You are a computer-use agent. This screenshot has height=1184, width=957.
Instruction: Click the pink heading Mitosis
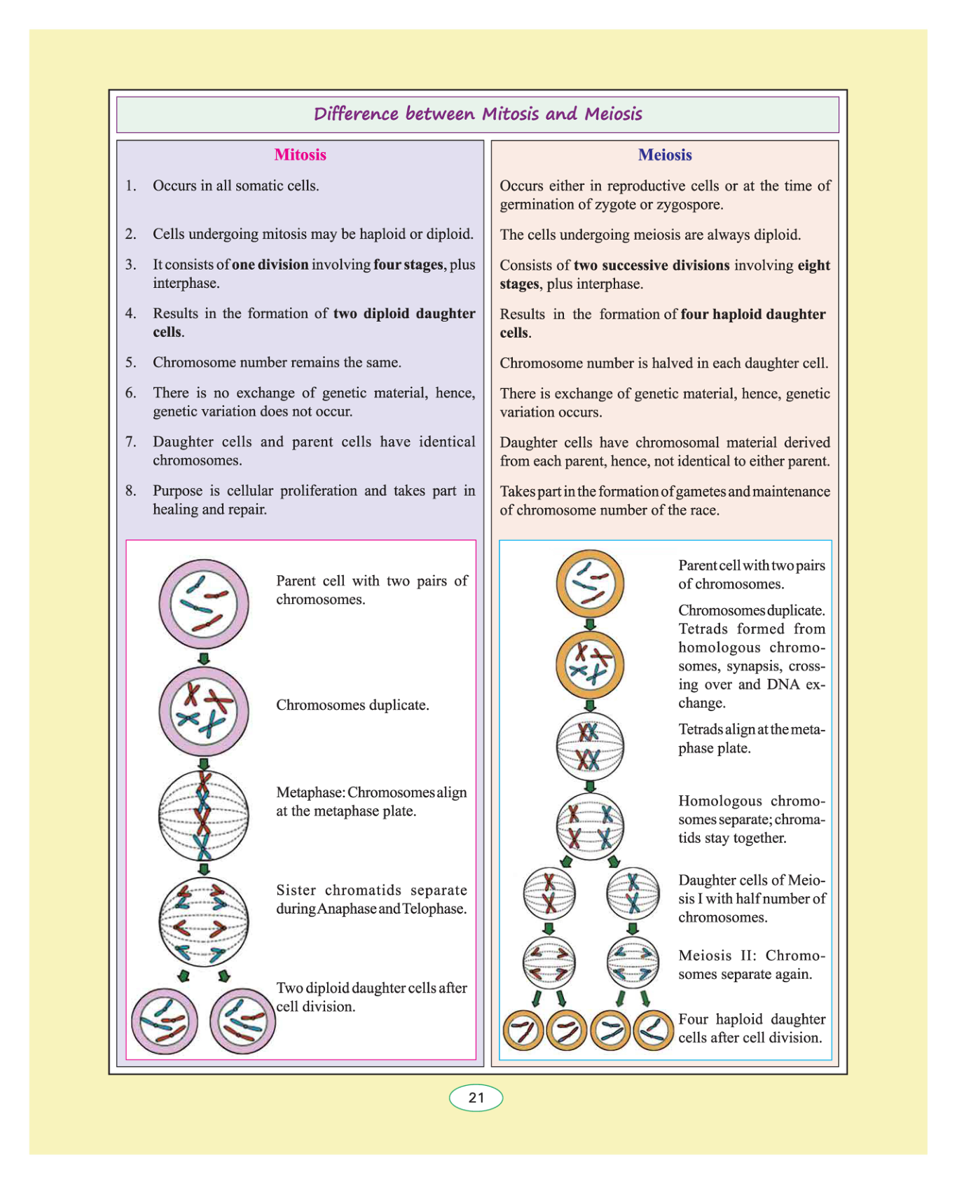(300, 155)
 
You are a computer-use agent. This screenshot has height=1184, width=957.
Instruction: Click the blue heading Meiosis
(664, 155)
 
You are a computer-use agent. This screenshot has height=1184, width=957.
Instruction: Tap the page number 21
(476, 1097)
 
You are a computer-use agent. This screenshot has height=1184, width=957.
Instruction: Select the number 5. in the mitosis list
(130, 362)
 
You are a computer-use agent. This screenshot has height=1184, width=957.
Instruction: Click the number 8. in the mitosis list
(130, 490)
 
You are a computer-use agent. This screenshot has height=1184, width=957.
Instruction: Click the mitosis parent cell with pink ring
(203, 604)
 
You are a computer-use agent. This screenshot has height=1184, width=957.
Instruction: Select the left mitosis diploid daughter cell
(165, 1021)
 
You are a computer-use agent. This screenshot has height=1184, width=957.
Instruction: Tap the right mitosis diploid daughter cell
(242, 1021)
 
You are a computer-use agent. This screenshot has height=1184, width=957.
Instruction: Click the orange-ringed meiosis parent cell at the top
(590, 583)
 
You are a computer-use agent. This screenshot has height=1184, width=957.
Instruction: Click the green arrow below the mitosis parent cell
(204, 659)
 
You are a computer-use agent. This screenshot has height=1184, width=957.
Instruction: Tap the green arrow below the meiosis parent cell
(590, 624)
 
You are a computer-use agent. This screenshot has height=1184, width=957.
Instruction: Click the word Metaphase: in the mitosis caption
(310, 792)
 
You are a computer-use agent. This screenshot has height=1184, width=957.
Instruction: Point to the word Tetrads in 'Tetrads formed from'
(703, 629)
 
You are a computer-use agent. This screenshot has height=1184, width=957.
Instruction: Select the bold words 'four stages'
(408, 265)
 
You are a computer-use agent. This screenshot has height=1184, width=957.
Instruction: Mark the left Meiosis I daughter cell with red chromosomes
(550, 893)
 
